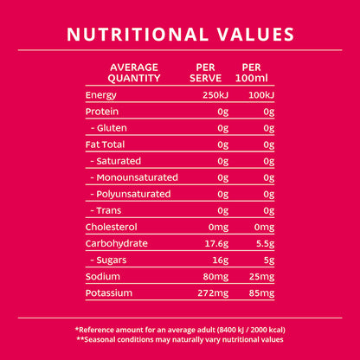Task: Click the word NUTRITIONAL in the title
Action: point(138,35)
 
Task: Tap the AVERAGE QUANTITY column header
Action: point(134,73)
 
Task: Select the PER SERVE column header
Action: point(205,73)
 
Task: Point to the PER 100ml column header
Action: point(252,73)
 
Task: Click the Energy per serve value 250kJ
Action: point(215,95)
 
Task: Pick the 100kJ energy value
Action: point(261,95)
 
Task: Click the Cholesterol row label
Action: point(112,227)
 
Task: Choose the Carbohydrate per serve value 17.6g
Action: point(216,244)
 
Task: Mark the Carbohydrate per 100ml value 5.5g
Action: point(265,244)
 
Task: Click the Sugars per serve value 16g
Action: point(221,260)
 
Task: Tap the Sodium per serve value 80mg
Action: point(215,277)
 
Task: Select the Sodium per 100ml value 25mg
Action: point(261,277)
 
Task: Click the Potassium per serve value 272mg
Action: point(213,293)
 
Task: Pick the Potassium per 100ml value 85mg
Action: point(261,293)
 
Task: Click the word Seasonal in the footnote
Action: point(99,339)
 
